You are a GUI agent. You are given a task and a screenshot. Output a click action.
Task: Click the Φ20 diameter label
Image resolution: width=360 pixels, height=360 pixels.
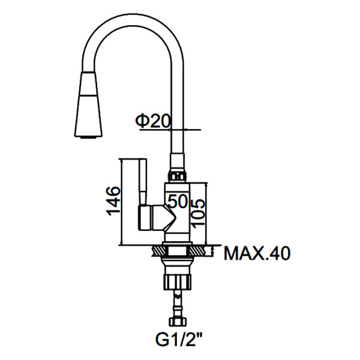pyautogui.click(x=153, y=122)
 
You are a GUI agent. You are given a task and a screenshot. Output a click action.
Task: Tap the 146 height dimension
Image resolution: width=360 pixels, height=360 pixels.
pyautogui.click(x=112, y=201)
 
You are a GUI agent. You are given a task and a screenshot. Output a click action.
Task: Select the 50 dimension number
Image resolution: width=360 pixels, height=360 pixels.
pyautogui.click(x=178, y=202)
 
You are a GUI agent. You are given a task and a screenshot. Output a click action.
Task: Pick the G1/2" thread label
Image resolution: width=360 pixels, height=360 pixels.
pyautogui.click(x=179, y=341)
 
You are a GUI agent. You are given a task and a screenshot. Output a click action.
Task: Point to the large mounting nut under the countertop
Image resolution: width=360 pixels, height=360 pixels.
pyautogui.click(x=178, y=281)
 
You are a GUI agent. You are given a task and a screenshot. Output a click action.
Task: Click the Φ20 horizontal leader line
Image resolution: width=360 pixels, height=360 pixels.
pyautogui.click(x=186, y=130)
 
